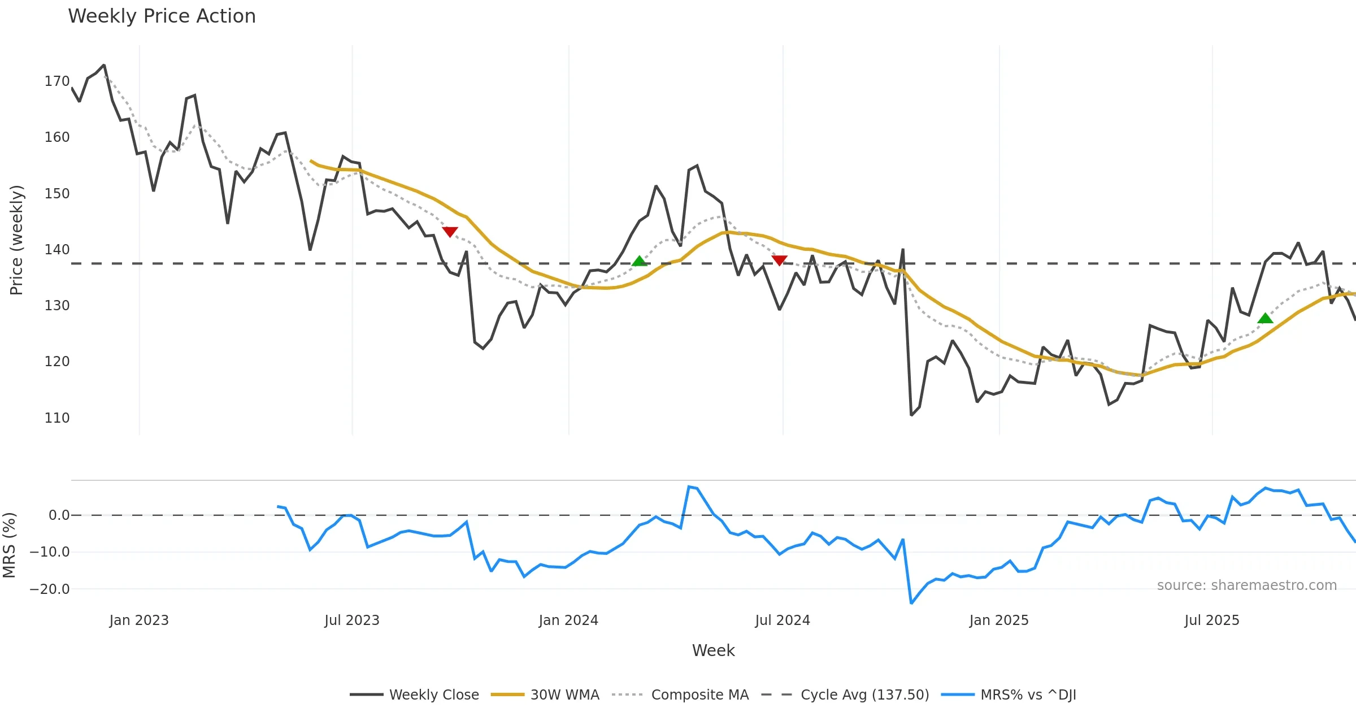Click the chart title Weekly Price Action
[x=162, y=16]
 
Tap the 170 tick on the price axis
[x=57, y=81]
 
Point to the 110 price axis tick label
[x=57, y=418]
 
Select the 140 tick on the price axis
[x=57, y=250]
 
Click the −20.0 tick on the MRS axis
[x=50, y=589]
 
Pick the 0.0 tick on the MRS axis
[x=59, y=515]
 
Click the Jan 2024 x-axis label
[x=568, y=620]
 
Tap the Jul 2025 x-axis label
[x=1212, y=620]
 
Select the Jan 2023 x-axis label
[x=139, y=620]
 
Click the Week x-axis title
[x=713, y=651]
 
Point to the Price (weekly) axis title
[x=17, y=240]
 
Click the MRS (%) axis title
[x=10, y=545]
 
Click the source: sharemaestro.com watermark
[x=1246, y=585]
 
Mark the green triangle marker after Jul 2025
[x=1265, y=319]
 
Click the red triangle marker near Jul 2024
[x=779, y=260]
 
